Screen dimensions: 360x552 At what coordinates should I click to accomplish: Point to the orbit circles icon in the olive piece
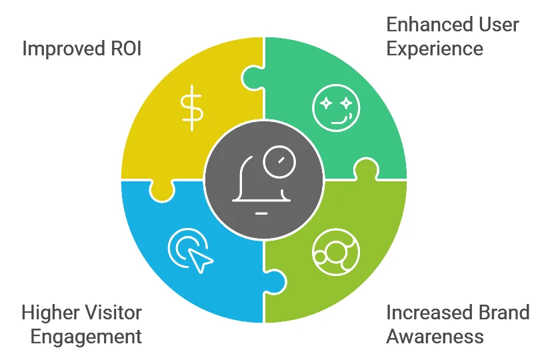point(335,252)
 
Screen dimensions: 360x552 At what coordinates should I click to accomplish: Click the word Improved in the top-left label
point(63,49)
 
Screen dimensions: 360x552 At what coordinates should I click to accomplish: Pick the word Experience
point(435,49)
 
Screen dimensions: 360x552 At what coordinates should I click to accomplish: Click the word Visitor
point(118,312)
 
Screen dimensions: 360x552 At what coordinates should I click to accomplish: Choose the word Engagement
point(86,336)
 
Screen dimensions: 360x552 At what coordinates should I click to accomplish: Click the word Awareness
point(435,336)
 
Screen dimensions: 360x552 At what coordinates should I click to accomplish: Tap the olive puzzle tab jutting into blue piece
point(275,280)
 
